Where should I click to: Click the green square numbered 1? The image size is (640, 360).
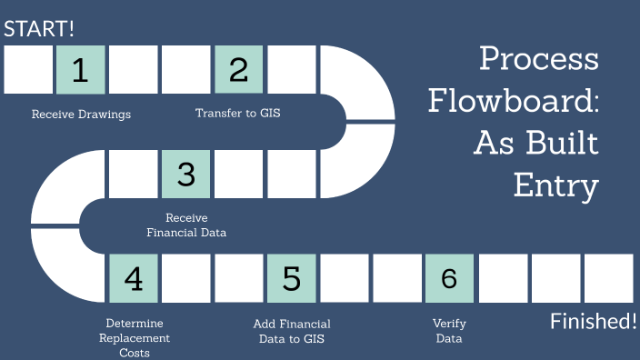81,70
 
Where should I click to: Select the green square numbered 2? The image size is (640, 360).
239,70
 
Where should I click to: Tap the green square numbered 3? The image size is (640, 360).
186,174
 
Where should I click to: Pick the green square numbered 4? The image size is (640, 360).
134,278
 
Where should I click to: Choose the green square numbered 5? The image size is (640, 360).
292,278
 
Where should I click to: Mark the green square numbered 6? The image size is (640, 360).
449,278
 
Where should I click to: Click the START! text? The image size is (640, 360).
39,28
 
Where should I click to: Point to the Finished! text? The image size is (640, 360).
594,321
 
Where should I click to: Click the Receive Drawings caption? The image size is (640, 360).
81,115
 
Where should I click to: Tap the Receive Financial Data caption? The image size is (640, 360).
186,225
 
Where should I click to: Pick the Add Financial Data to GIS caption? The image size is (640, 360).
291,331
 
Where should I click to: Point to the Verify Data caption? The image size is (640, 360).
449,331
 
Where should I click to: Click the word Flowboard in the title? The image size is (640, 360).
514,101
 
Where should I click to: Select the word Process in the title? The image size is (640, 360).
539,59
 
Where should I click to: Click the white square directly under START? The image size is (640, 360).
28,70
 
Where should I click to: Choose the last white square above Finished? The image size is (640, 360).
608,278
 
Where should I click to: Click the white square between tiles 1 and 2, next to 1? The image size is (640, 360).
134,70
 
